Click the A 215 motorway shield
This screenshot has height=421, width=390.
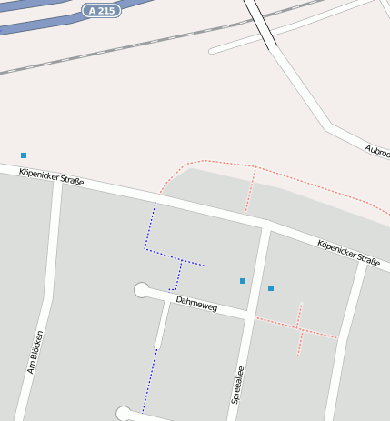pos(101,11)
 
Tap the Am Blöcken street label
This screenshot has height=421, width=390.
pos(35,352)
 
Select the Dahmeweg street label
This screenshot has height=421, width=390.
pos(197,304)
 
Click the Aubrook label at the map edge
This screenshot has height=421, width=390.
pos(377,152)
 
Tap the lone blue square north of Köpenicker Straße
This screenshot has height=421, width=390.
pos(24,155)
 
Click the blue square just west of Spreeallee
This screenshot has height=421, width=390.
pos(243,281)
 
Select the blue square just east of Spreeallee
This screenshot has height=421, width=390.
pos(271,288)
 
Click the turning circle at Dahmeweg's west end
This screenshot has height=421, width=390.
pos(142,290)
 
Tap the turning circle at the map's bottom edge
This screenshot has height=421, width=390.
pos(124,414)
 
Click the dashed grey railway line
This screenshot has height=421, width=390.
pos(136,46)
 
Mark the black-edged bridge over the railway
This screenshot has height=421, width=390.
pos(262,24)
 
